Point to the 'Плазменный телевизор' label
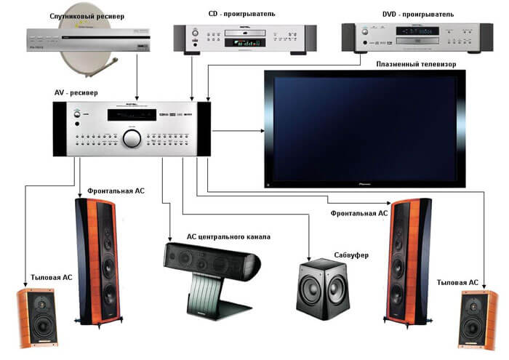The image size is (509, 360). pyautogui.click(x=416, y=64)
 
